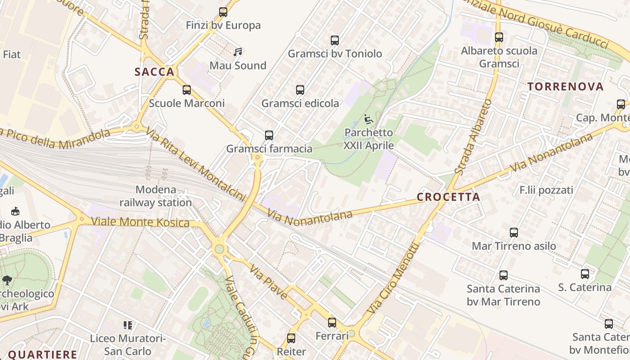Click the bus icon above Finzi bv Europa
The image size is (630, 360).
(x=223, y=12)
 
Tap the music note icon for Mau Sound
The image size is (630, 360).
(x=238, y=52)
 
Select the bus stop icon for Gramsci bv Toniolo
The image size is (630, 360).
(x=335, y=40)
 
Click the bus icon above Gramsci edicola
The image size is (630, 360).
(x=300, y=90)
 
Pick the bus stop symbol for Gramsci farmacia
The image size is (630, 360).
(x=269, y=135)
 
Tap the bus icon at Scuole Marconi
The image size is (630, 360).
(x=187, y=90)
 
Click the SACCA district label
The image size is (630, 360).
(x=154, y=72)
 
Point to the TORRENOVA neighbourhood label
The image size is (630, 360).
(x=565, y=87)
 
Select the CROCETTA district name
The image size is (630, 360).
(x=448, y=197)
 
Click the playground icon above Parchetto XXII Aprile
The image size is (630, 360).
(x=368, y=120)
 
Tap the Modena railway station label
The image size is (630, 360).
(x=156, y=196)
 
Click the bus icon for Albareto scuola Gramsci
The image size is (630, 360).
(x=499, y=37)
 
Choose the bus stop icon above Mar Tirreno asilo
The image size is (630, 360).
(x=514, y=233)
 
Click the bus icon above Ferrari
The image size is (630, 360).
(x=332, y=323)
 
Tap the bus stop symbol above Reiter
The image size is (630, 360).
(x=291, y=338)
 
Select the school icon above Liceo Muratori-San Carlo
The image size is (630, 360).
(x=128, y=325)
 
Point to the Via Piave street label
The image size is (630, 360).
(x=269, y=282)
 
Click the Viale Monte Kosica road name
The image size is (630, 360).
(x=140, y=222)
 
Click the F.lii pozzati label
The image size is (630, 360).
(x=546, y=190)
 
